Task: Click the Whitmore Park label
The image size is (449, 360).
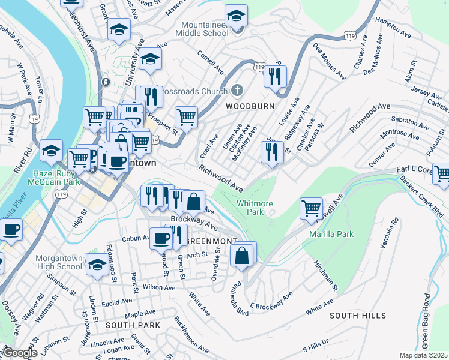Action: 250,208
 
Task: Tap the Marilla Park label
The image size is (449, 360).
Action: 332,234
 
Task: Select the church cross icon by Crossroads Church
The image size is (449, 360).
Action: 237,91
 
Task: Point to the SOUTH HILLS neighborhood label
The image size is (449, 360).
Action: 358,316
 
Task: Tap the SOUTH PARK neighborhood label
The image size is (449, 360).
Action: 133,325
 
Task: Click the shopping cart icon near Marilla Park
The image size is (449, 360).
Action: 312,208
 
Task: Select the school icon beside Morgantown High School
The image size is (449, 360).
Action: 97,263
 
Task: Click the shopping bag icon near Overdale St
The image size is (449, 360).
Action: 241,254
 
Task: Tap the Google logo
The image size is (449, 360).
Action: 19,353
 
